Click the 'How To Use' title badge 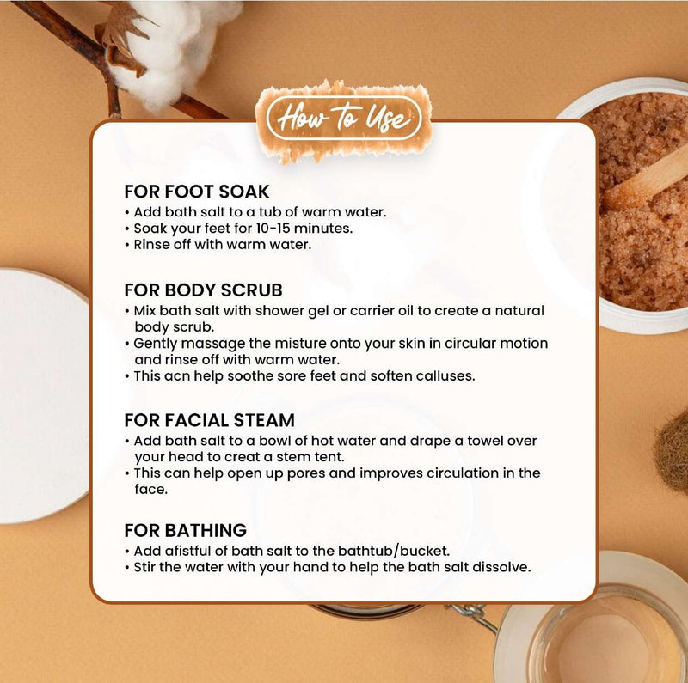click(x=343, y=119)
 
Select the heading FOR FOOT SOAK click(x=197, y=192)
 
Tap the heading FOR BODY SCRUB click(x=203, y=290)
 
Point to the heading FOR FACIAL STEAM click(x=209, y=420)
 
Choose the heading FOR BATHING click(x=185, y=530)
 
